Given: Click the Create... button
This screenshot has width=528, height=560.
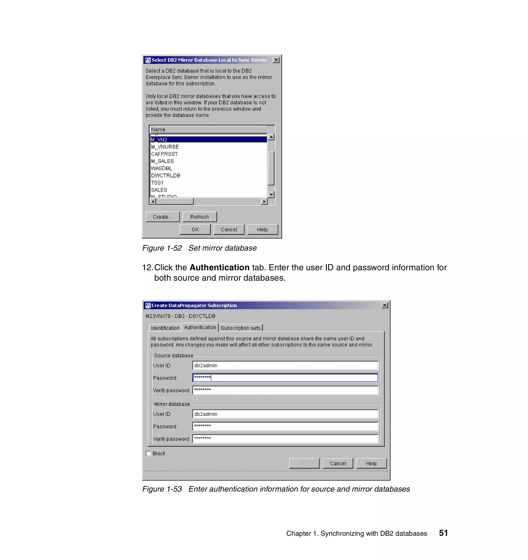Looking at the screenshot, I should [162, 217].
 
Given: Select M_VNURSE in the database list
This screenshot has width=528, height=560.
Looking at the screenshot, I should [165, 147].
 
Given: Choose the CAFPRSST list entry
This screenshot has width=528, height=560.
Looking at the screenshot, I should [164, 154].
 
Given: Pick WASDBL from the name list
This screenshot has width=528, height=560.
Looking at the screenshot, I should [162, 168].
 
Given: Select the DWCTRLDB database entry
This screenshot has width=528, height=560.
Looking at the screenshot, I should [166, 176].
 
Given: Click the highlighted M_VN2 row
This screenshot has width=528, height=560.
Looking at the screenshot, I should [208, 139].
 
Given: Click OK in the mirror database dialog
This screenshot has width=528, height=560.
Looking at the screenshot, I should [195, 229].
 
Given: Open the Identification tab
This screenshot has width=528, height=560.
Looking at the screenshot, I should [165, 328].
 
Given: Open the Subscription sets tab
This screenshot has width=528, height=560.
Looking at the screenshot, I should [241, 328].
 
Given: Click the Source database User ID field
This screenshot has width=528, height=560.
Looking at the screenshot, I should [285, 365].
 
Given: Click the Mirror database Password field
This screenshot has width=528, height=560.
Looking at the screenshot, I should [285, 426].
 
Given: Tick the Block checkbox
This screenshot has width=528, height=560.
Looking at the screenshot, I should [148, 453].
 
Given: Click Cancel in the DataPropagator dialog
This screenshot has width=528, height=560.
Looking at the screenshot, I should [338, 463].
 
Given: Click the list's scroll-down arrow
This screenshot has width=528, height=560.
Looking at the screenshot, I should [271, 194].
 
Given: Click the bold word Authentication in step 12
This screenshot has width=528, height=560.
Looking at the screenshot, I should [219, 267].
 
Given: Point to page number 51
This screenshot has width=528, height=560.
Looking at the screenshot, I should [443, 533].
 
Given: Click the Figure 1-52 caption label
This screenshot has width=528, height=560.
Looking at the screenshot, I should [162, 248].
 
